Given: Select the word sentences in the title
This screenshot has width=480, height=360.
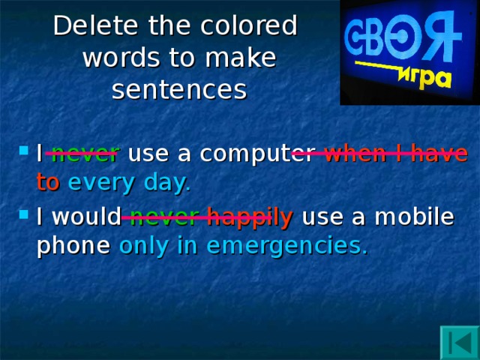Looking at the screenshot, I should [x=178, y=89].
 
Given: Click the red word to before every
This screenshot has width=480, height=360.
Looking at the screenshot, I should [x=47, y=182].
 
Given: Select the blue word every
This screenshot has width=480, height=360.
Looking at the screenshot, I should [x=100, y=182].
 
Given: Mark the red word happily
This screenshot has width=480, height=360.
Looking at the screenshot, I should [x=250, y=217].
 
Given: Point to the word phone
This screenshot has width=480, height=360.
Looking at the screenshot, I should [x=73, y=246].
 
